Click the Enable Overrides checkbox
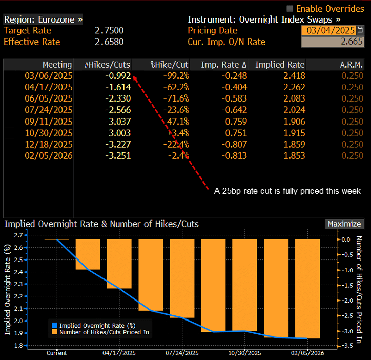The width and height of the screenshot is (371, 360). click(x=290, y=9)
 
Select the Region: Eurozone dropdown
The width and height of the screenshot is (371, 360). click(x=43, y=19)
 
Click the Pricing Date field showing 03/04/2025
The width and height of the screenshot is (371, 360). click(x=331, y=30)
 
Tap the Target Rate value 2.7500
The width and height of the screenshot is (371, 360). click(x=109, y=30)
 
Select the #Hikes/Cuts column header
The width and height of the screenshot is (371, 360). click(x=107, y=65)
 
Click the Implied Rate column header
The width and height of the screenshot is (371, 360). click(x=280, y=65)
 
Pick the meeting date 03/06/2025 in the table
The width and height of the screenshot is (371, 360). click(x=49, y=76)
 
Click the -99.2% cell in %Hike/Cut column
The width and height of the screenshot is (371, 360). click(x=176, y=76)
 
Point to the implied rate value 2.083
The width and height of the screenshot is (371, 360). click(x=294, y=98)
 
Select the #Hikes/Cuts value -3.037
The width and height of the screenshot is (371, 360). click(x=118, y=122)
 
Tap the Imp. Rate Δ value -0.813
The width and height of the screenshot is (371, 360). click(x=234, y=155)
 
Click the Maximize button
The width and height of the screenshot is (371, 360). click(x=344, y=224)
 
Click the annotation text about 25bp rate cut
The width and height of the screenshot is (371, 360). click(x=287, y=191)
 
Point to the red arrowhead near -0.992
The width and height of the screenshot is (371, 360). click(x=135, y=78)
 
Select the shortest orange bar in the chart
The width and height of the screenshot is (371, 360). click(x=88, y=254)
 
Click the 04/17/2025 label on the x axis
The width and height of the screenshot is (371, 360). click(x=119, y=353)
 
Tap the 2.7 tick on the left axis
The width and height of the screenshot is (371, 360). click(x=18, y=235)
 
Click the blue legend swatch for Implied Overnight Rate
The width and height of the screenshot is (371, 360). click(x=55, y=325)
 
